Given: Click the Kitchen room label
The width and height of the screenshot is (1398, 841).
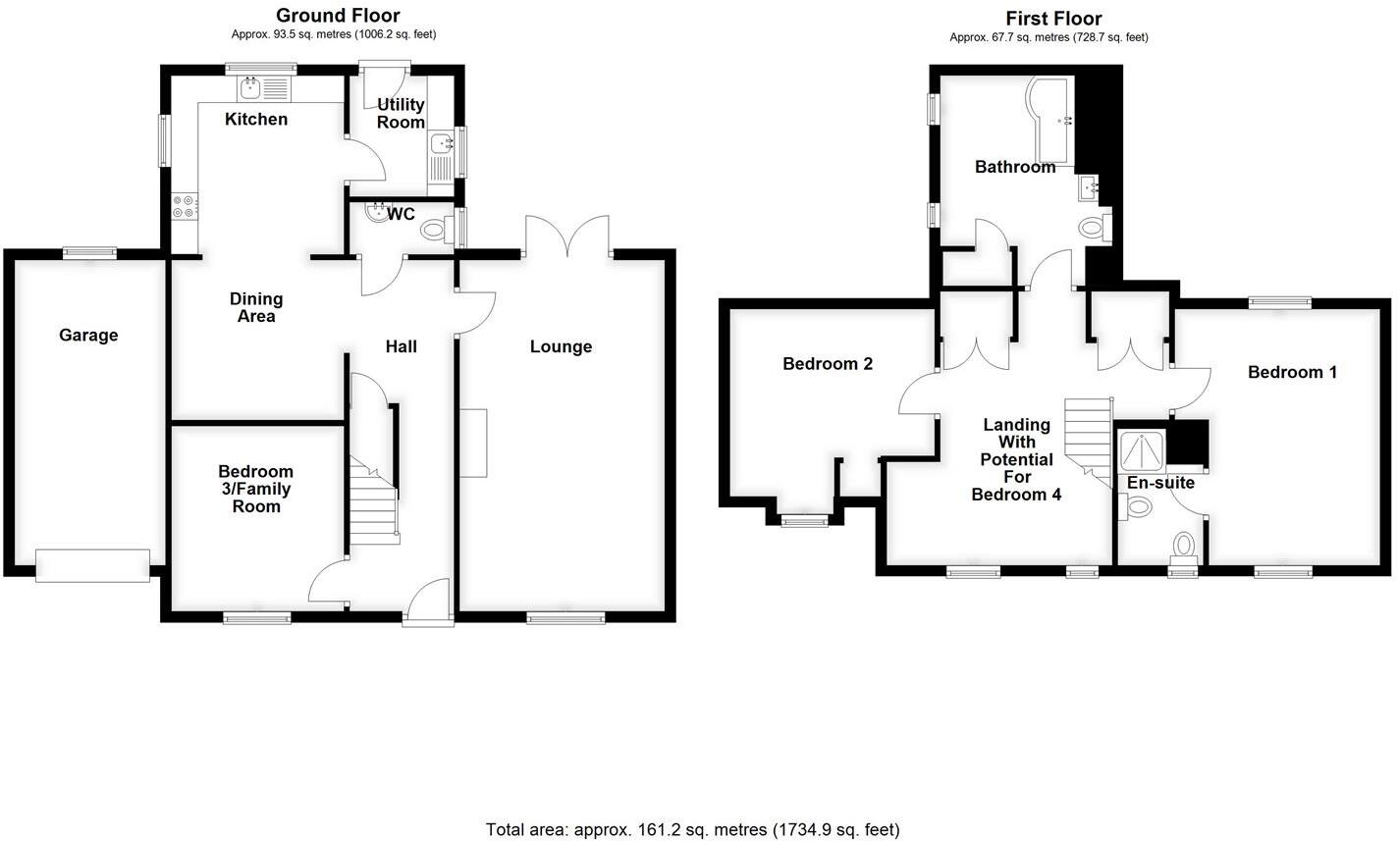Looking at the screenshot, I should (x=256, y=120).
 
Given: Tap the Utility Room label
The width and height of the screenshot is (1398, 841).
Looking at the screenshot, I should (x=401, y=113).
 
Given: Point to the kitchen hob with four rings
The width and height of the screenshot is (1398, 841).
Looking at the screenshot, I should (x=185, y=206).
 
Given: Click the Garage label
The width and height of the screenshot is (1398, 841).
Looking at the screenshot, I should (x=88, y=335).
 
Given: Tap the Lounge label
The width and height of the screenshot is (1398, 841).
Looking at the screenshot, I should (x=561, y=346).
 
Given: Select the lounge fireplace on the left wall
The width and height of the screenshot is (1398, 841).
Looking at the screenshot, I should (x=472, y=443).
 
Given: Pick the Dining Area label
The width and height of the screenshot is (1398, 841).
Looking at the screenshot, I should (x=255, y=307).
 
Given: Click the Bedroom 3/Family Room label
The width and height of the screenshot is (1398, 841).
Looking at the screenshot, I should (x=255, y=489).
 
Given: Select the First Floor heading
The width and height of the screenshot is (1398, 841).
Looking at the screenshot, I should (x=1053, y=18).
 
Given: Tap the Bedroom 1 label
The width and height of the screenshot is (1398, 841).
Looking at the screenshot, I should (x=1292, y=372).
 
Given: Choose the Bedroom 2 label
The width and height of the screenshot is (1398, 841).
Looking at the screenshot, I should (x=828, y=364).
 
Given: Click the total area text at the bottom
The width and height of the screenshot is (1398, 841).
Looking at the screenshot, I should (x=692, y=829).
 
